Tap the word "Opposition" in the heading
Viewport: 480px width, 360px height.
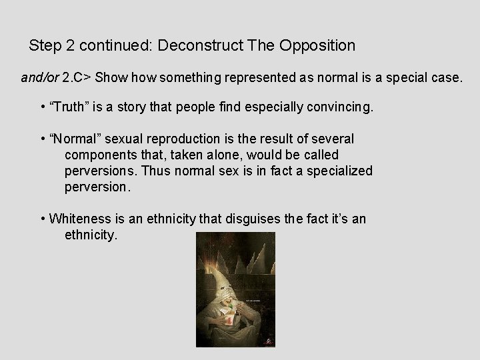point(314,46)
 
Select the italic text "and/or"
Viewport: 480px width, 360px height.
point(39,77)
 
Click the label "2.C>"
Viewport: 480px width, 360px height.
point(76,77)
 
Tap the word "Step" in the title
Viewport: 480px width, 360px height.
point(45,46)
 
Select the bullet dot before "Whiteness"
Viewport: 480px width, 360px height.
point(43,219)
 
